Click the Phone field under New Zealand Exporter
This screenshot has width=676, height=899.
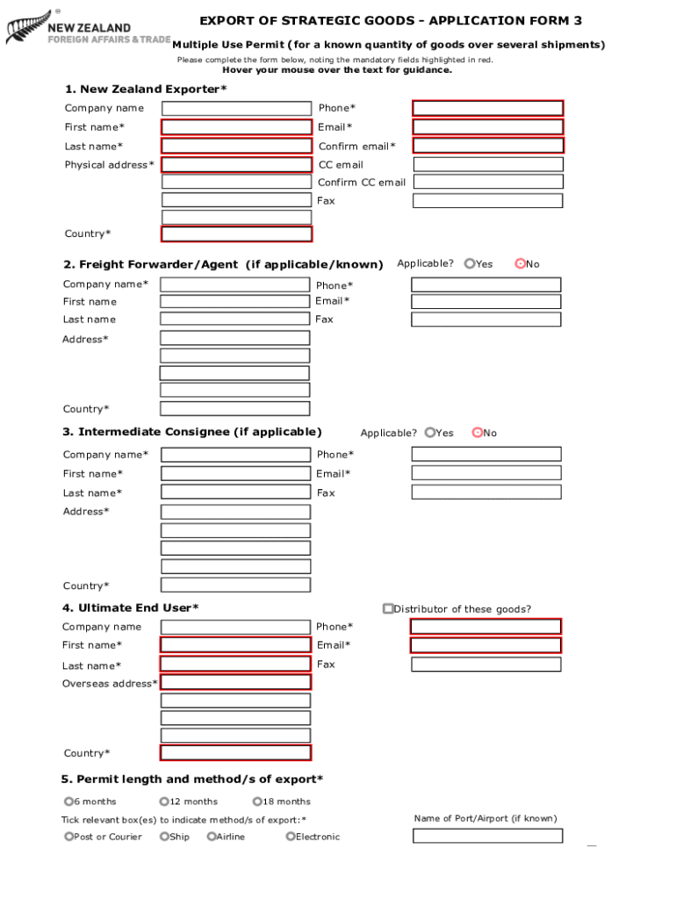pyautogui.click(x=487, y=108)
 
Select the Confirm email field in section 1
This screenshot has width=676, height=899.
pyautogui.click(x=487, y=146)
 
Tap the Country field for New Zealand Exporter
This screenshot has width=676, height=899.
pyautogui.click(x=236, y=234)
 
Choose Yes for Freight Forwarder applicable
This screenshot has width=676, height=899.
pyautogui.click(x=470, y=263)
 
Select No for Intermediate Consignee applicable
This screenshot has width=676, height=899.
pyautogui.click(x=478, y=432)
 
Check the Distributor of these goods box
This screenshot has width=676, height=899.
pyautogui.click(x=388, y=608)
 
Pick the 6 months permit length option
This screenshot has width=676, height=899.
pyautogui.click(x=68, y=801)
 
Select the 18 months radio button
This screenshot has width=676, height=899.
pyautogui.click(x=257, y=801)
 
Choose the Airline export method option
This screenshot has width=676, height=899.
pyautogui.click(x=212, y=837)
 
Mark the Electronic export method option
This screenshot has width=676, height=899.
pyautogui.click(x=291, y=837)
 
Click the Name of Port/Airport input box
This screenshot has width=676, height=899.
pyautogui.click(x=487, y=836)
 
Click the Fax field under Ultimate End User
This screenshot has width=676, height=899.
pyautogui.click(x=485, y=665)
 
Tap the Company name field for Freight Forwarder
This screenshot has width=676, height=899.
pyautogui.click(x=234, y=284)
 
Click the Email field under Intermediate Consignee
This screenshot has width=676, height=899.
pyautogui.click(x=485, y=473)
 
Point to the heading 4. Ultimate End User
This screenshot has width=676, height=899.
pyautogui.click(x=130, y=608)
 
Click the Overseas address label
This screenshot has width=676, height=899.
pyautogui.click(x=110, y=684)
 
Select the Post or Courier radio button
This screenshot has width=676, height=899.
pyautogui.click(x=69, y=837)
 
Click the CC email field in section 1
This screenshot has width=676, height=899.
pyautogui.click(x=487, y=164)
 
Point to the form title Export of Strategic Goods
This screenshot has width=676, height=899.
pyautogui.click(x=390, y=21)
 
